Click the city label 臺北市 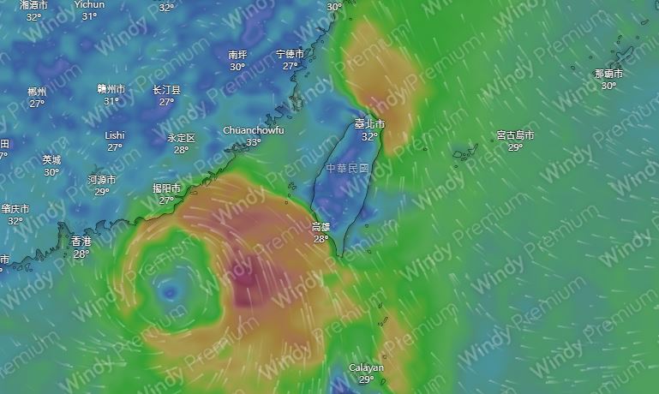(369, 125)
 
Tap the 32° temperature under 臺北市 (369, 137)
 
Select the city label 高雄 (321, 228)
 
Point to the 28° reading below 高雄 (321, 239)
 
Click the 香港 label (81, 242)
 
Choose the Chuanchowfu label (253, 130)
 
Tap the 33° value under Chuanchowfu (254, 142)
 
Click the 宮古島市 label (515, 135)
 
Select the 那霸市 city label (608, 74)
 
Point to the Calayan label (366, 367)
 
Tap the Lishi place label (115, 135)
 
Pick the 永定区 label (181, 138)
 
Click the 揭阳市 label (166, 188)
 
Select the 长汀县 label (166, 89)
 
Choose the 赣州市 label (111, 89)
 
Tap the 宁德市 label (291, 54)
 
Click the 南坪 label (237, 55)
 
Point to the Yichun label (89, 4)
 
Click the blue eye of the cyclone (169, 293)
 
